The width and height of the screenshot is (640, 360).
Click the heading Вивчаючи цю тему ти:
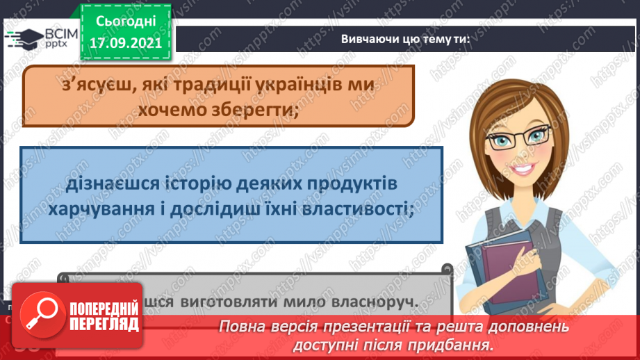tap(405, 39)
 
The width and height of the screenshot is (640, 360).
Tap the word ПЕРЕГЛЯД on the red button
tap(104, 325)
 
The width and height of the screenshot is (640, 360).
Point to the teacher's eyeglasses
tap(519, 137)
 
